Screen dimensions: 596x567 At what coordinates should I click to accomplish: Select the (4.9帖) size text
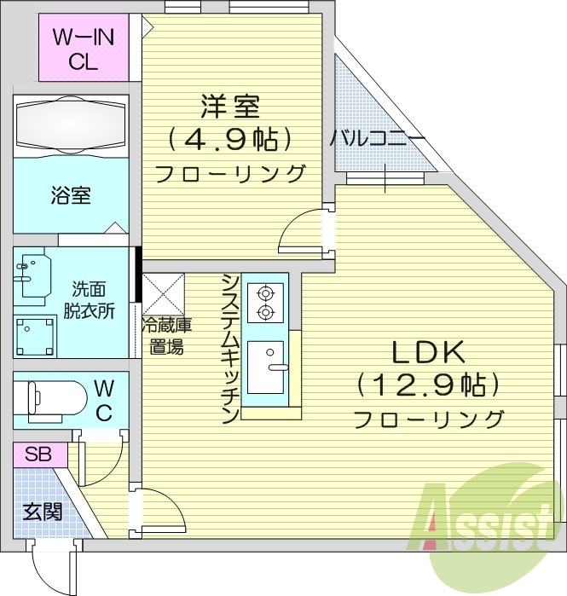coord(230,138)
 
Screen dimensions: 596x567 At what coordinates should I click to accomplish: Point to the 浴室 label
coord(71,195)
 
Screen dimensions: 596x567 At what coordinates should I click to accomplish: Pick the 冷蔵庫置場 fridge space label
coord(166,335)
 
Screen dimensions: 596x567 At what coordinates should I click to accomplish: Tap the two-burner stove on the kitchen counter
coord(264,303)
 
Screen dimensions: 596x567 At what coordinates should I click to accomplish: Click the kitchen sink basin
coord(271,367)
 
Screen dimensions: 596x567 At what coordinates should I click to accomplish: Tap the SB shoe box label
coord(38,454)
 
